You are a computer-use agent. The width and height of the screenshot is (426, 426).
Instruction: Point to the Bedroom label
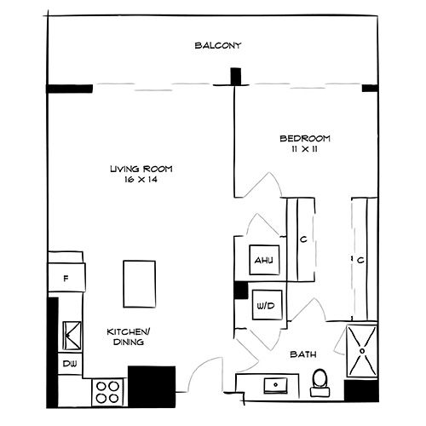[304, 139]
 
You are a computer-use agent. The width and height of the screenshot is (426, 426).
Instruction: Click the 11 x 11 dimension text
[304, 150]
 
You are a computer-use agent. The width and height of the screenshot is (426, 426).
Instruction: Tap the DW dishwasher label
[67, 365]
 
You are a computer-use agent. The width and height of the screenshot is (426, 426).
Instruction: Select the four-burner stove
[108, 391]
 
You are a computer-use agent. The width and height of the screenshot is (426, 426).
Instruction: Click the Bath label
[304, 353]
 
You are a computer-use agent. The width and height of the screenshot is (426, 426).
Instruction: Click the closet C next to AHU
[302, 240]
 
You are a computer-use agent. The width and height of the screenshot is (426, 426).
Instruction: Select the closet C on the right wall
[360, 260]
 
